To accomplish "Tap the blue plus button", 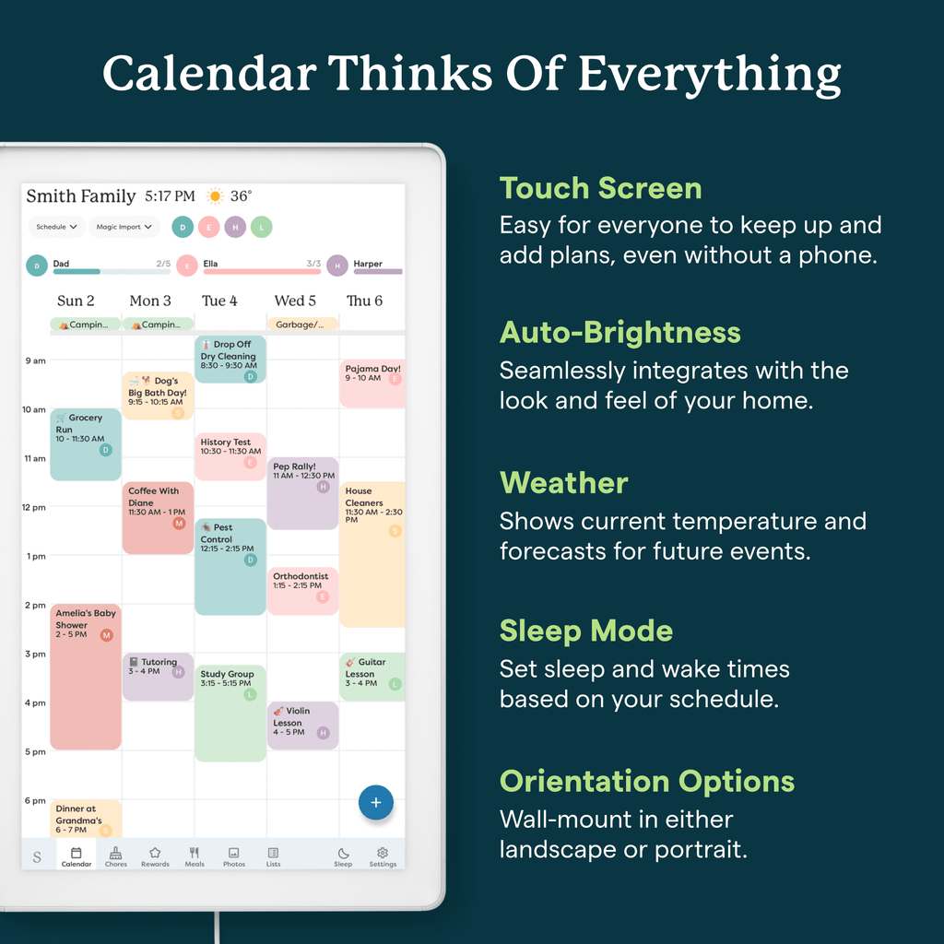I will [x=375, y=803].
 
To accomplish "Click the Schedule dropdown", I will [x=57, y=227].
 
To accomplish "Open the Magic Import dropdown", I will [x=124, y=227].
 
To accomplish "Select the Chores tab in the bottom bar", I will [x=116, y=856].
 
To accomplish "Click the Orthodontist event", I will [x=302, y=591].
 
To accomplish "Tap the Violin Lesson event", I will [x=302, y=725].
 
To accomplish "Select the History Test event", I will [x=230, y=456].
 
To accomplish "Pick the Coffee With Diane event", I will [x=158, y=517].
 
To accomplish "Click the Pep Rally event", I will [x=302, y=493].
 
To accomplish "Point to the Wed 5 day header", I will [x=295, y=301].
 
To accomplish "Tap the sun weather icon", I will [x=215, y=196].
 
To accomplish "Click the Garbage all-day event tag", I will [x=302, y=324].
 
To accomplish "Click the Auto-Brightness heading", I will [x=619, y=332].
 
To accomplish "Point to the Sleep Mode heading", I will [x=585, y=631].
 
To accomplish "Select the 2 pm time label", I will [x=34, y=606].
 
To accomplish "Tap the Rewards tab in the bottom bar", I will [x=155, y=856].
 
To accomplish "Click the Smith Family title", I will [x=81, y=196].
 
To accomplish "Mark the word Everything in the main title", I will [x=709, y=74].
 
